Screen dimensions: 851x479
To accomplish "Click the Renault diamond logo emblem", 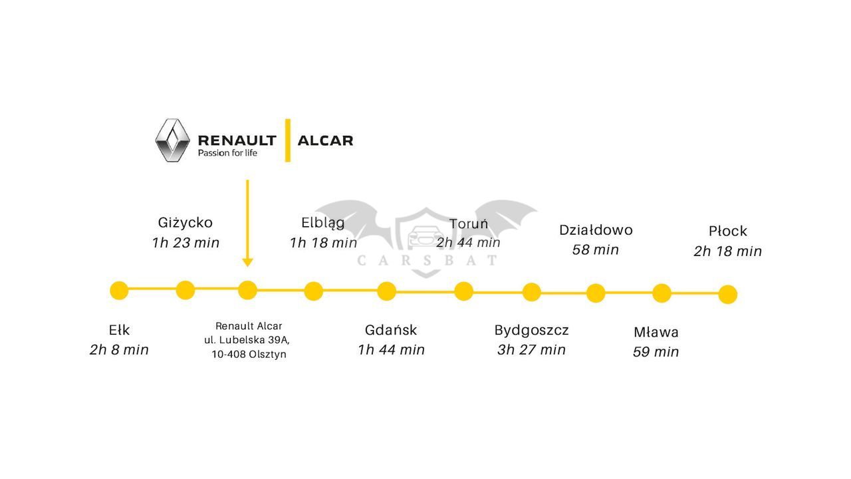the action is coord(172,140).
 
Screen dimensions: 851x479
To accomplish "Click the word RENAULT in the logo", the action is coord(237,140).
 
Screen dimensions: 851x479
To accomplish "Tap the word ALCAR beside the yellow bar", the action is coord(325,140).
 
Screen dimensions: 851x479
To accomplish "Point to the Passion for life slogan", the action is coord(227,153).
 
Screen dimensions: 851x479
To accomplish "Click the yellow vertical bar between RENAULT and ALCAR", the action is coord(288,140).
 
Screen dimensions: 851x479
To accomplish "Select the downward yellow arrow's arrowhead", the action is coord(248,263).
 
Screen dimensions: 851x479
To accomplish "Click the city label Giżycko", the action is coord(185,223).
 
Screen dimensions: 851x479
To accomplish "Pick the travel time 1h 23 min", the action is coord(185,243).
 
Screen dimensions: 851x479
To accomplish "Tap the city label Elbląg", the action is coord(323,223).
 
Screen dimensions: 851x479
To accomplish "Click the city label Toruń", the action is coord(469,224).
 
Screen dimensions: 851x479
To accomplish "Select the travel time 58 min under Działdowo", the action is coord(596,249).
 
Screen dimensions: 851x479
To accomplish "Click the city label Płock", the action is coord(728,231).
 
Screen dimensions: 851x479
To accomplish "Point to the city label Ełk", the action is coord(119,330).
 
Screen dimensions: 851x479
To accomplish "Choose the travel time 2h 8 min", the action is coord(119,350).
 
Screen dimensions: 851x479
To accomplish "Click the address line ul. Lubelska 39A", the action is coord(247,340).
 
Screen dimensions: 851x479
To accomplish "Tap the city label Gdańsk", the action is coord(391,330).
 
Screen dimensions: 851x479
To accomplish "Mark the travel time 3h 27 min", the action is coord(531,350).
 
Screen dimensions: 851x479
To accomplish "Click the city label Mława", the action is coord(656,332).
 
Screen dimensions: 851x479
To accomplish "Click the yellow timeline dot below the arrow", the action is coord(248,291).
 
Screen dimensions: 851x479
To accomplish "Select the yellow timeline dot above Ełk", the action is coord(119,291).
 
